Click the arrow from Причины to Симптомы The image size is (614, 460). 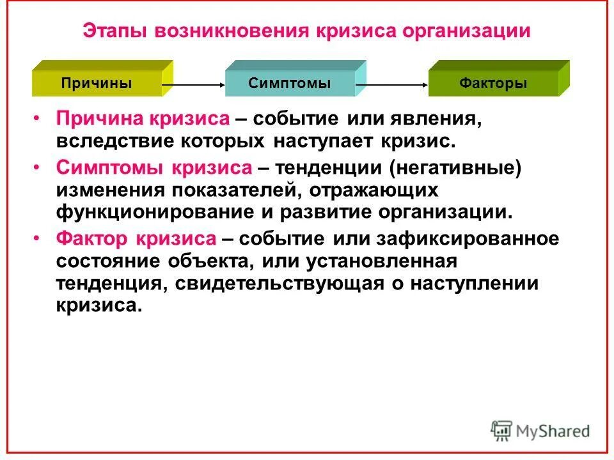[x=193, y=84]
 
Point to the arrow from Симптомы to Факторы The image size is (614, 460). [x=391, y=84]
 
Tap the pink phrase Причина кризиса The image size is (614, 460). [x=142, y=119]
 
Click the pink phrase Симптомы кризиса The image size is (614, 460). [x=154, y=168]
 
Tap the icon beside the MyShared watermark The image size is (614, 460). [x=502, y=431]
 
